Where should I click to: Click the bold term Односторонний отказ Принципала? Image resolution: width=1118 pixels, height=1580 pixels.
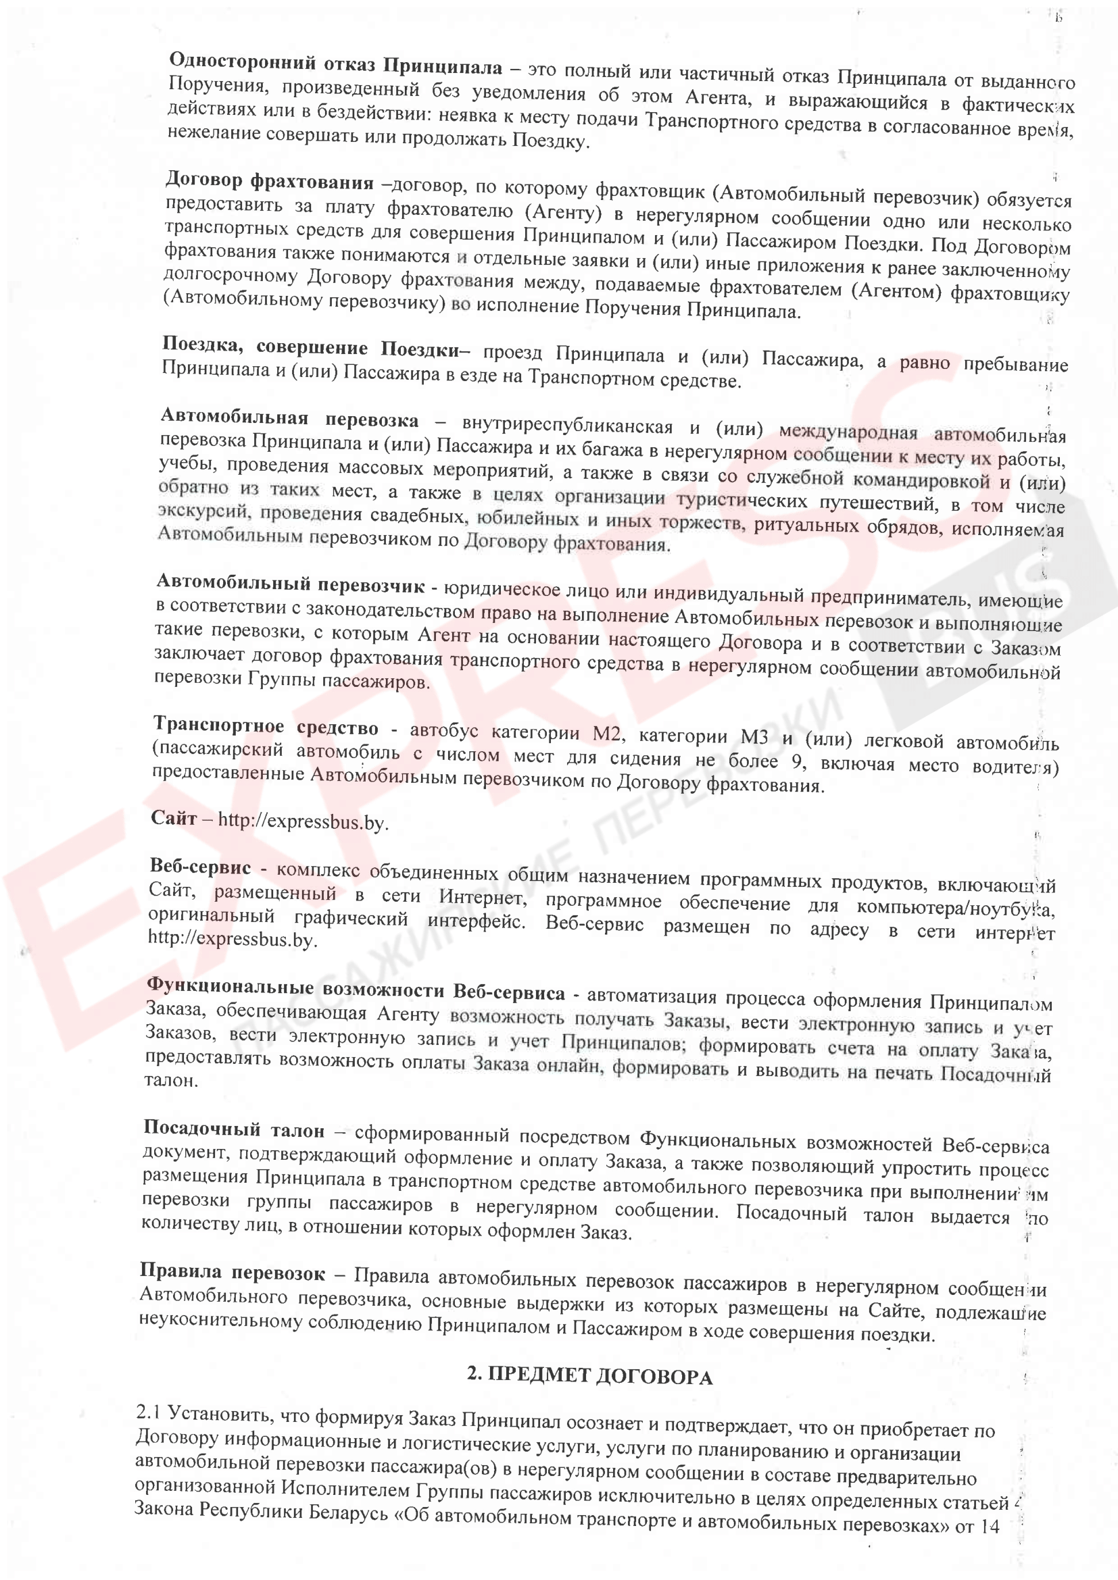click(x=336, y=65)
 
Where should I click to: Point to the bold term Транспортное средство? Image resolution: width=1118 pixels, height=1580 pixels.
click(x=266, y=727)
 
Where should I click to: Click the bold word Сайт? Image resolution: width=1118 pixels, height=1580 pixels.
click(x=174, y=818)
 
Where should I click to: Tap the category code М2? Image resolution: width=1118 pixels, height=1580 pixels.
click(x=608, y=734)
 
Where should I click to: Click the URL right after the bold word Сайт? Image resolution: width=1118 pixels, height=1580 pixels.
click(x=303, y=821)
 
